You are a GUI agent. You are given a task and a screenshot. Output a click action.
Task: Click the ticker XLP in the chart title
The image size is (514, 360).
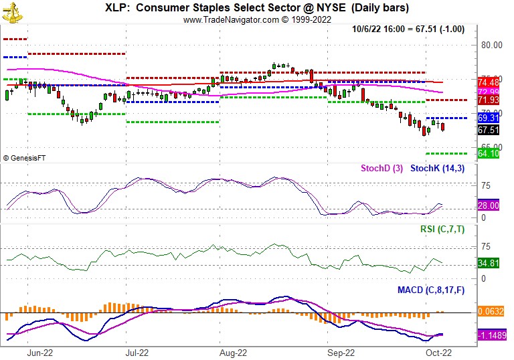click(x=118, y=8)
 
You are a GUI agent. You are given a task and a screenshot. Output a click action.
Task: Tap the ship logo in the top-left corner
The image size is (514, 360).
click(x=11, y=9)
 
